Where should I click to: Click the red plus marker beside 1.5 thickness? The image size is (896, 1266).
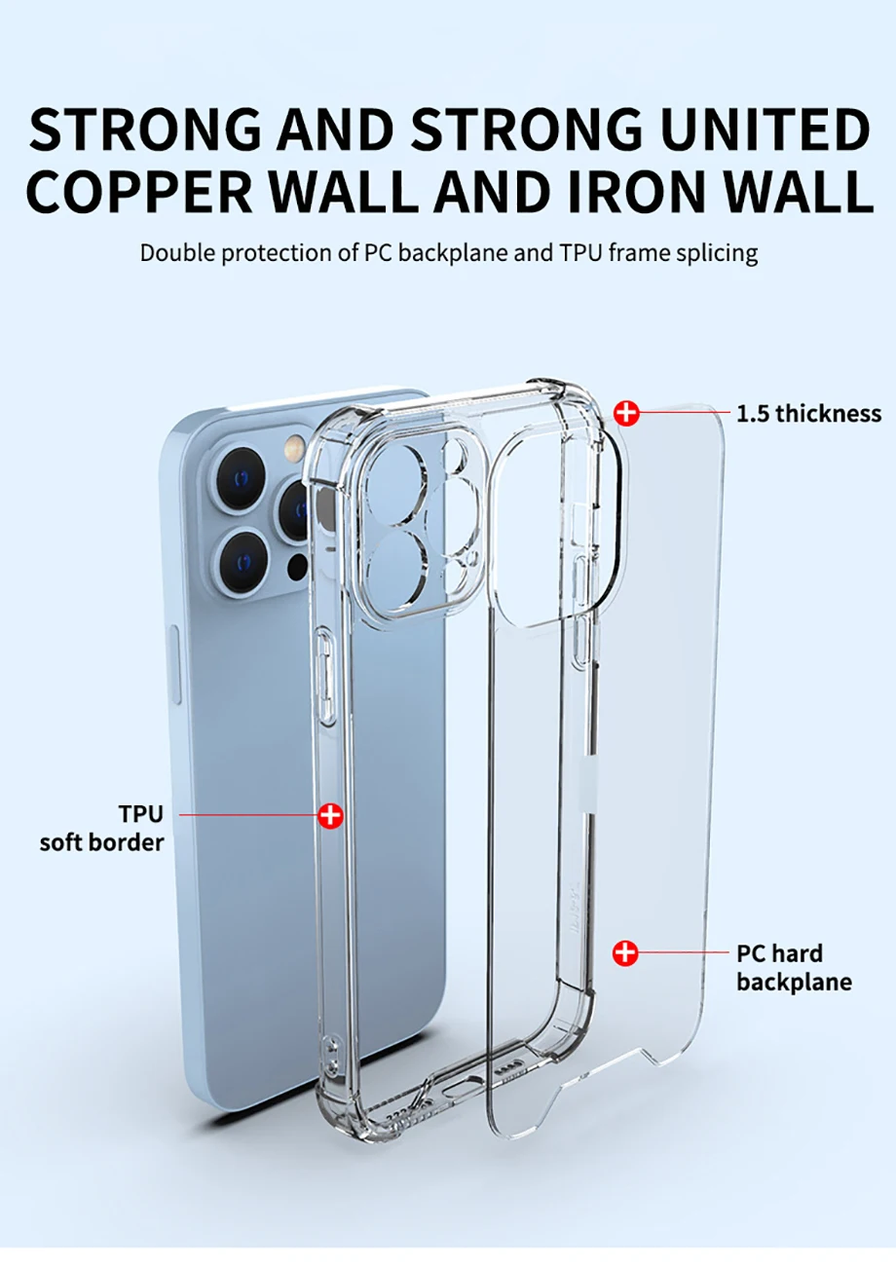pos(627,413)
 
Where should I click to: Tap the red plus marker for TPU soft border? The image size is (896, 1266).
pos(331,815)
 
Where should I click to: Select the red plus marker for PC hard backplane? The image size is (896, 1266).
pos(625,953)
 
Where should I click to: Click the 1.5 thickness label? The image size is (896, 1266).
pos(808,413)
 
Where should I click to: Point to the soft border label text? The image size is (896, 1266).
pos(101,841)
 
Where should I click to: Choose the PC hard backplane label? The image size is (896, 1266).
pos(794,967)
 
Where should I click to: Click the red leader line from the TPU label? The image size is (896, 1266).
pos(248,815)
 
